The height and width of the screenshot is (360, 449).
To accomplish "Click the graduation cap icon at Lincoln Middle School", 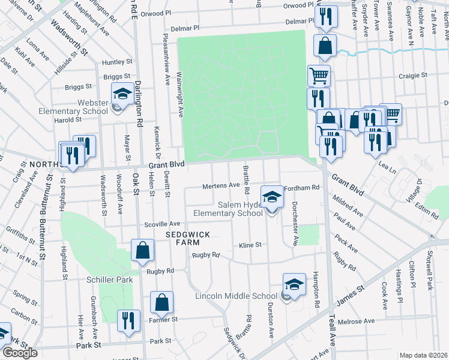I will click(x=294, y=284).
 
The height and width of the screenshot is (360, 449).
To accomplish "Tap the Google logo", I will click(x=20, y=353).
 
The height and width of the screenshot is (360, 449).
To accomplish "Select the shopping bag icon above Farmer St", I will click(x=161, y=303).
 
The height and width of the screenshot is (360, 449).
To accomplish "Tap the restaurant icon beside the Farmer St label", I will click(x=128, y=320).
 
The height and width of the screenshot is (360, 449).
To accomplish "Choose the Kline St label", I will click(x=250, y=245).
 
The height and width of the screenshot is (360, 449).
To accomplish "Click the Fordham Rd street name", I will click(x=303, y=188).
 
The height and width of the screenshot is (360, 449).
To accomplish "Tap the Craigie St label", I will click(x=414, y=76).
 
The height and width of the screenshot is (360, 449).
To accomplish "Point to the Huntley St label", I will click(x=117, y=62).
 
